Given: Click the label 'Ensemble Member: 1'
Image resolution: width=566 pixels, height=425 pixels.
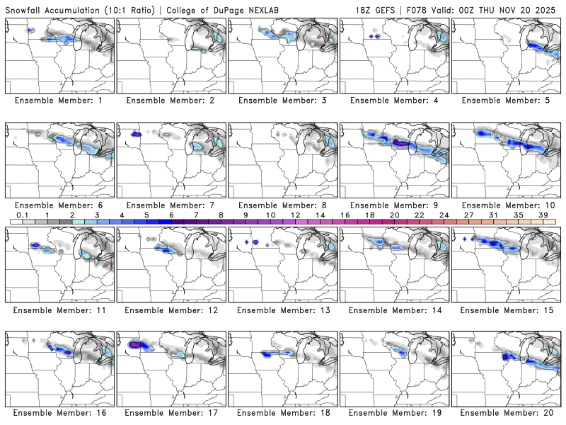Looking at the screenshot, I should pos(59,100).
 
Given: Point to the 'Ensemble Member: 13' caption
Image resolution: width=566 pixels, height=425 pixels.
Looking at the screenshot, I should pos(284,310).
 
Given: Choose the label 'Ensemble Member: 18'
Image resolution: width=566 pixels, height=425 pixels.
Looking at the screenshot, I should pos(284,412).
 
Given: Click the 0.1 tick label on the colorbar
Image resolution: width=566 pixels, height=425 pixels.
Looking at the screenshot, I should pos(22,215).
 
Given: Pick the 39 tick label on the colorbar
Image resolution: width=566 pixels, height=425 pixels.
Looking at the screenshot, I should pos(543,215).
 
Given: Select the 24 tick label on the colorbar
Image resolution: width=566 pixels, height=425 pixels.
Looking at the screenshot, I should pos(444,215).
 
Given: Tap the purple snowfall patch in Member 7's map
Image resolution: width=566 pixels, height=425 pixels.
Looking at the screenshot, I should pos(136,132).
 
